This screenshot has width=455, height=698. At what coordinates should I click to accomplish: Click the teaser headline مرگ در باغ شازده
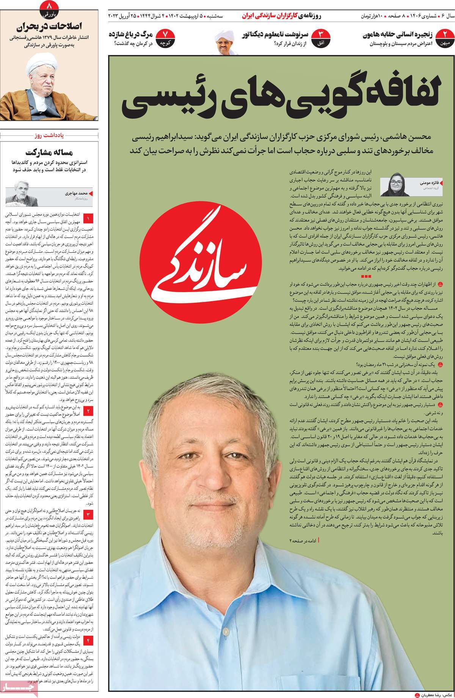coord(130,35)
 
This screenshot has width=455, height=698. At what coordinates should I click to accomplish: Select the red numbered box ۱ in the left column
coord(88,219)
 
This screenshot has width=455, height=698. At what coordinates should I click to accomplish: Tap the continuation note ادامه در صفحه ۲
coord(303,539)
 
